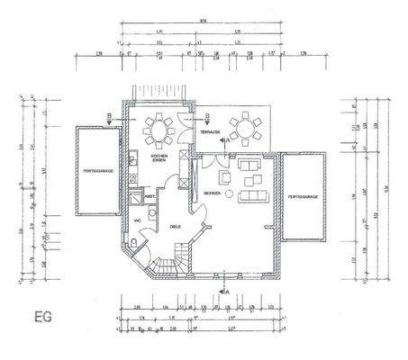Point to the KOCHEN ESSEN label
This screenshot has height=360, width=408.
tap(158, 157)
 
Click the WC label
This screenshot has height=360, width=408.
tap(138, 220)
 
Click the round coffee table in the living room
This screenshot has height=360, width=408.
tap(229, 194)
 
